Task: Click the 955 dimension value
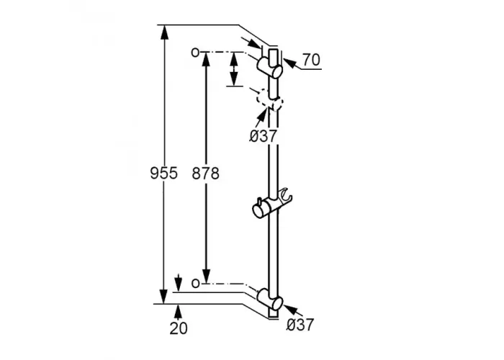[x=163, y=174]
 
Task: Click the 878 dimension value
[x=205, y=174]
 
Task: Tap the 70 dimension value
[x=311, y=60]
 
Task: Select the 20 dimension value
[x=179, y=328]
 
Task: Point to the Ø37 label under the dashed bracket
[x=263, y=136]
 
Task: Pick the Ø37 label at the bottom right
[x=300, y=325]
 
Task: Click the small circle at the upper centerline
[x=195, y=52]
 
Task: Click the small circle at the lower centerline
[x=195, y=283]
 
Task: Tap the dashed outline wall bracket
[x=270, y=99]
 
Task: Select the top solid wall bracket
[x=270, y=67]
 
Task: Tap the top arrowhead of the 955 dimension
[x=164, y=32]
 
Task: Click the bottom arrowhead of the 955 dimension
[x=164, y=297]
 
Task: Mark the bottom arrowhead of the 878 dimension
[x=206, y=276]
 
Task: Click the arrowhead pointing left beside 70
[x=289, y=63]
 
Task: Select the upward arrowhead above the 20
[x=179, y=310]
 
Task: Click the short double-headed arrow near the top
[x=234, y=69]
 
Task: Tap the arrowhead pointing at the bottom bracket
[x=290, y=309]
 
